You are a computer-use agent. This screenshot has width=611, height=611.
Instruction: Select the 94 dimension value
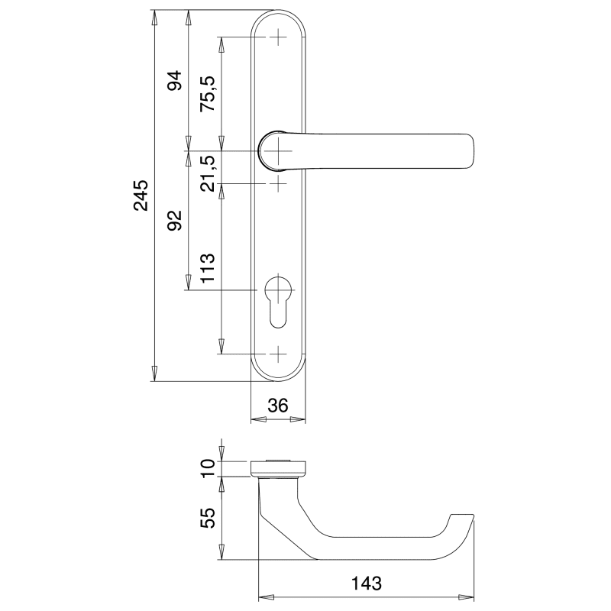(x=175, y=81)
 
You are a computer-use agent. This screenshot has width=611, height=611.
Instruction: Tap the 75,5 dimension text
(x=208, y=93)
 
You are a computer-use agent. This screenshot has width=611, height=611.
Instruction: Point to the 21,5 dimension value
(x=208, y=173)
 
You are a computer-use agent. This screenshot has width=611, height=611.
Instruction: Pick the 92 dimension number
(x=175, y=220)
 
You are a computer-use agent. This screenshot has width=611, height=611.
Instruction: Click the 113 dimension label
(x=208, y=268)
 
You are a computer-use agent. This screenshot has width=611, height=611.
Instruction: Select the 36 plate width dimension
(x=278, y=406)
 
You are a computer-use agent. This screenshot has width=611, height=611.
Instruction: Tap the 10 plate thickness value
(x=208, y=467)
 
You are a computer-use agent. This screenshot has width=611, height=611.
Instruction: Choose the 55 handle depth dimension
(x=208, y=518)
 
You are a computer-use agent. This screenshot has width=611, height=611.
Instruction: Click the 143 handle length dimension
(x=367, y=584)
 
